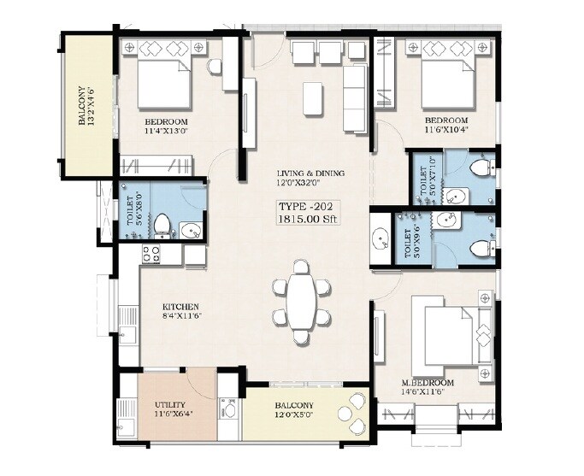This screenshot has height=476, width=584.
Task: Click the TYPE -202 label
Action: (x=306, y=206)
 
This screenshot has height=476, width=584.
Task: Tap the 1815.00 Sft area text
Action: (x=306, y=220)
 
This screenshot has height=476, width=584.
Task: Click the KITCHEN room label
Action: (x=181, y=306)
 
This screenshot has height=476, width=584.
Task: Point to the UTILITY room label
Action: (x=171, y=405)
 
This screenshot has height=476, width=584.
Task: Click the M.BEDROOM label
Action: (x=428, y=382)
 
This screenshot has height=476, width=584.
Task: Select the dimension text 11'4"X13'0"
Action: (x=171, y=132)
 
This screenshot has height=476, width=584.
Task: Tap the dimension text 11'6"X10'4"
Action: (x=446, y=131)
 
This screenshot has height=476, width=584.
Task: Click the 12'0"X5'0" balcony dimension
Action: (x=293, y=416)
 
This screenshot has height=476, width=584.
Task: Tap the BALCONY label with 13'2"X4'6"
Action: (x=85, y=104)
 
